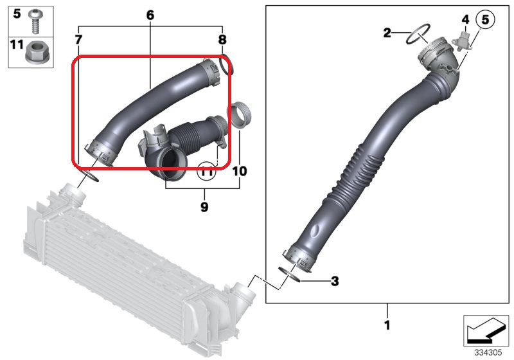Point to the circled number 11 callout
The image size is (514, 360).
pyautogui.click(x=206, y=170)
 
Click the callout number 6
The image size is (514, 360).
pyautogui.click(x=150, y=14)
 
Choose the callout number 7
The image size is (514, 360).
pyautogui.click(x=78, y=40)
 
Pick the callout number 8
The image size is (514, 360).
pyautogui.click(x=222, y=40)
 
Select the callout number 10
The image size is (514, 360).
pyautogui.click(x=239, y=171)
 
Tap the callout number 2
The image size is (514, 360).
pyautogui.click(x=387, y=33)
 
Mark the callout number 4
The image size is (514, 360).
pyautogui.click(x=465, y=20)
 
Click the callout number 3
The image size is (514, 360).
pyautogui.click(x=334, y=281)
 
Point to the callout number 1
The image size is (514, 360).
pyautogui.click(x=387, y=325)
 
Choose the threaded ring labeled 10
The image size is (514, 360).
pyautogui.click(x=239, y=116)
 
